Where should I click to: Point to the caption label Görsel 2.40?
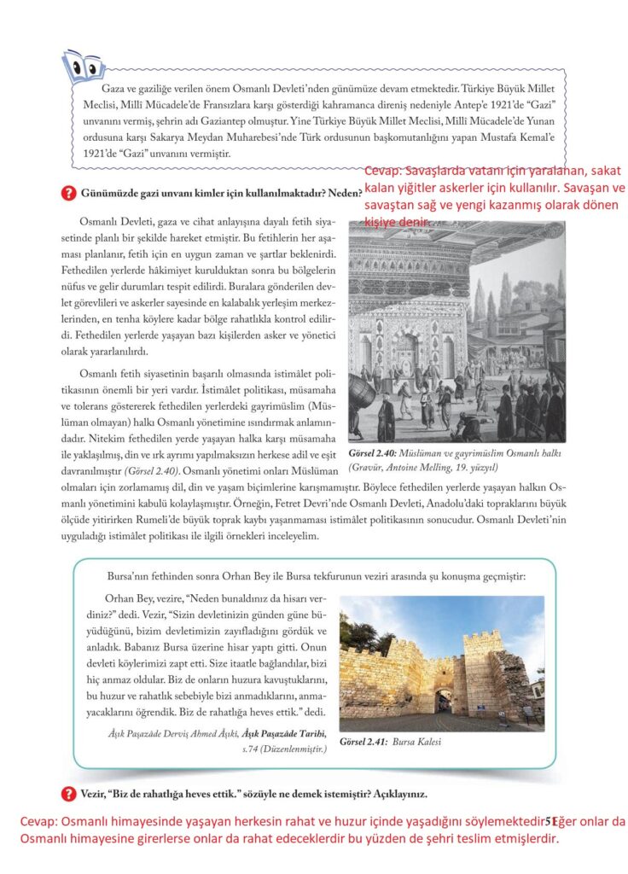[377, 454]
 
